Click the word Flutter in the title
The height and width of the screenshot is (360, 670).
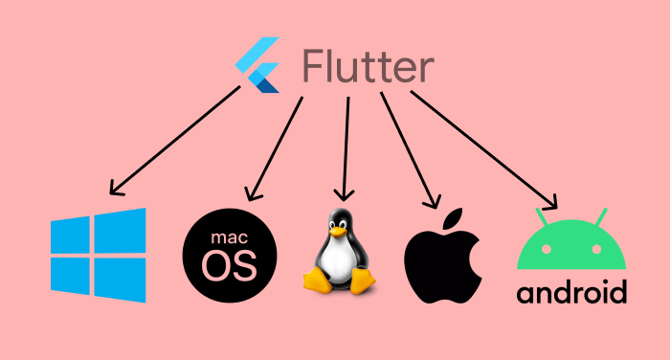(368, 67)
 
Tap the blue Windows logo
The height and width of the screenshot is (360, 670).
(99, 255)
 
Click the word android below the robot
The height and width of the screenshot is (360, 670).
(571, 291)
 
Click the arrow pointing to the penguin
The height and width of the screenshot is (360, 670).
(345, 144)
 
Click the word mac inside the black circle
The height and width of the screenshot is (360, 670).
(233, 235)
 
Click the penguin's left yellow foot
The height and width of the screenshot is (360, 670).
(318, 281)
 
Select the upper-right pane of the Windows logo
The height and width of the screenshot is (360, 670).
(122, 231)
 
